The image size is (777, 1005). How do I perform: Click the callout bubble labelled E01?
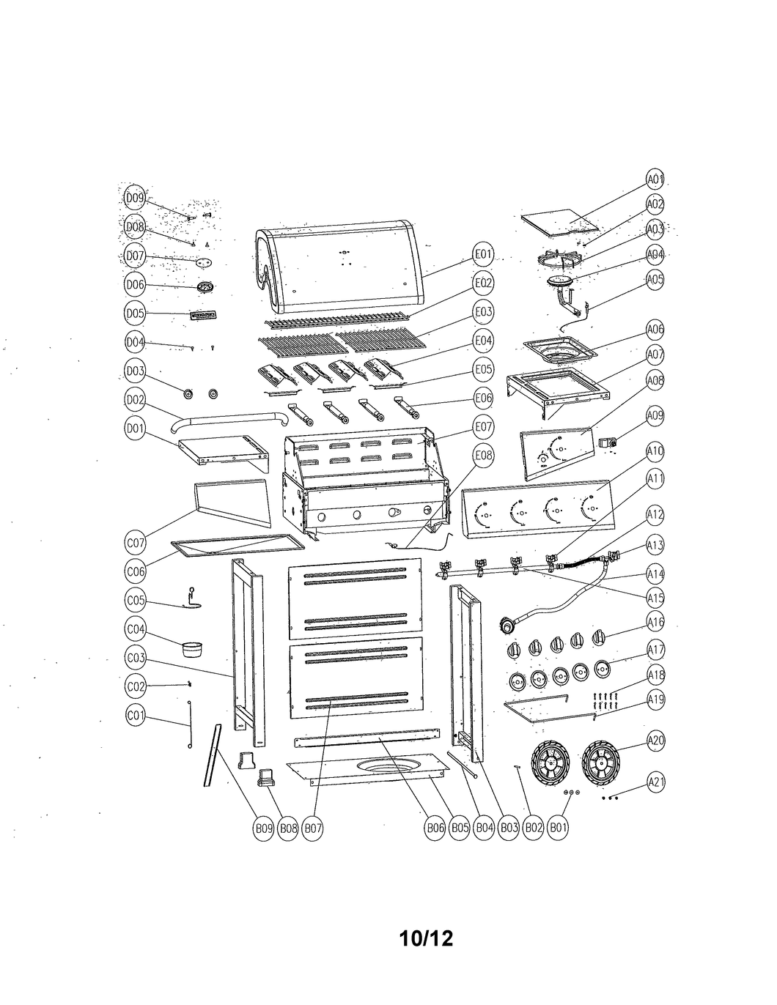(482, 255)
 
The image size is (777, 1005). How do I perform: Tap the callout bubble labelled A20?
(656, 741)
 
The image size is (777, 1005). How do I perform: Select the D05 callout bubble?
(136, 314)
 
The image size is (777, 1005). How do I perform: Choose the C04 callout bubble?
(136, 628)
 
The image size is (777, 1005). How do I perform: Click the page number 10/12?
(427, 938)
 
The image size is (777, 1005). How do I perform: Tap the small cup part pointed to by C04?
(192, 649)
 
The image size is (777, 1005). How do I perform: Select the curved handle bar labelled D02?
(229, 420)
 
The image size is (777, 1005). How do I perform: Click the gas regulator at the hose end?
(507, 626)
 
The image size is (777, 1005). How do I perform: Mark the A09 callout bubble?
(655, 417)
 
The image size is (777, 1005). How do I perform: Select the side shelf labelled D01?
(224, 450)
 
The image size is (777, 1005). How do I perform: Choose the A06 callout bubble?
(655, 330)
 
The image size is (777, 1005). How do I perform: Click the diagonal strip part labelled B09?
(211, 754)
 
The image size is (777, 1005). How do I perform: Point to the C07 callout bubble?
(136, 544)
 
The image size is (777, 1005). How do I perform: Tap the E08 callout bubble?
(483, 456)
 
